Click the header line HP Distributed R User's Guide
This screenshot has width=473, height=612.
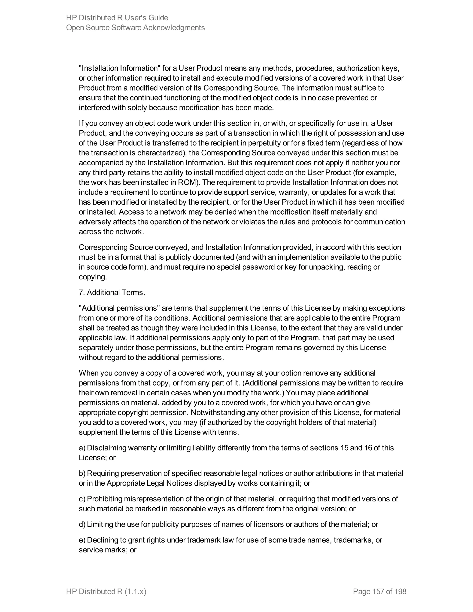pos(117,18)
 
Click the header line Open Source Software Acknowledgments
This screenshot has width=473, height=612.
pos(135,27)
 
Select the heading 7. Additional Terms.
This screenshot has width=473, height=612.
pos(112,292)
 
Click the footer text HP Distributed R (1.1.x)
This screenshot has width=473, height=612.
pos(106,591)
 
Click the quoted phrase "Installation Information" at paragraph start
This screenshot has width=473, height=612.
pos(119,68)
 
